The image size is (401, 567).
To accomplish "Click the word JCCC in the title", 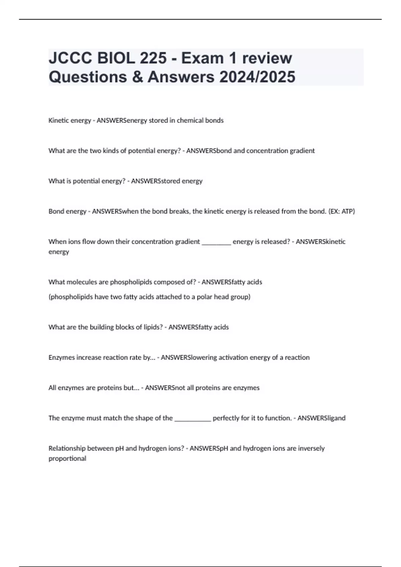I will (x=71, y=58).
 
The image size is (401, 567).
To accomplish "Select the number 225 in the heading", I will (x=153, y=58).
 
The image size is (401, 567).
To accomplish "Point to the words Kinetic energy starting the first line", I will (x=70, y=120).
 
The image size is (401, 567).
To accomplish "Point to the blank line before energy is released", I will (x=217, y=242).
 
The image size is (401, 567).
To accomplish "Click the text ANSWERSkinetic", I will (x=320, y=241).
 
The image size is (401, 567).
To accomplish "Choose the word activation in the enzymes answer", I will (x=235, y=358).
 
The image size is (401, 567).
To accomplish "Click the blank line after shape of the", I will (x=193, y=419).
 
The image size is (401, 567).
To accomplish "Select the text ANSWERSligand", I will (x=321, y=418).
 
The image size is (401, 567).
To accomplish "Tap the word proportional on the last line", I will (x=67, y=459).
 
